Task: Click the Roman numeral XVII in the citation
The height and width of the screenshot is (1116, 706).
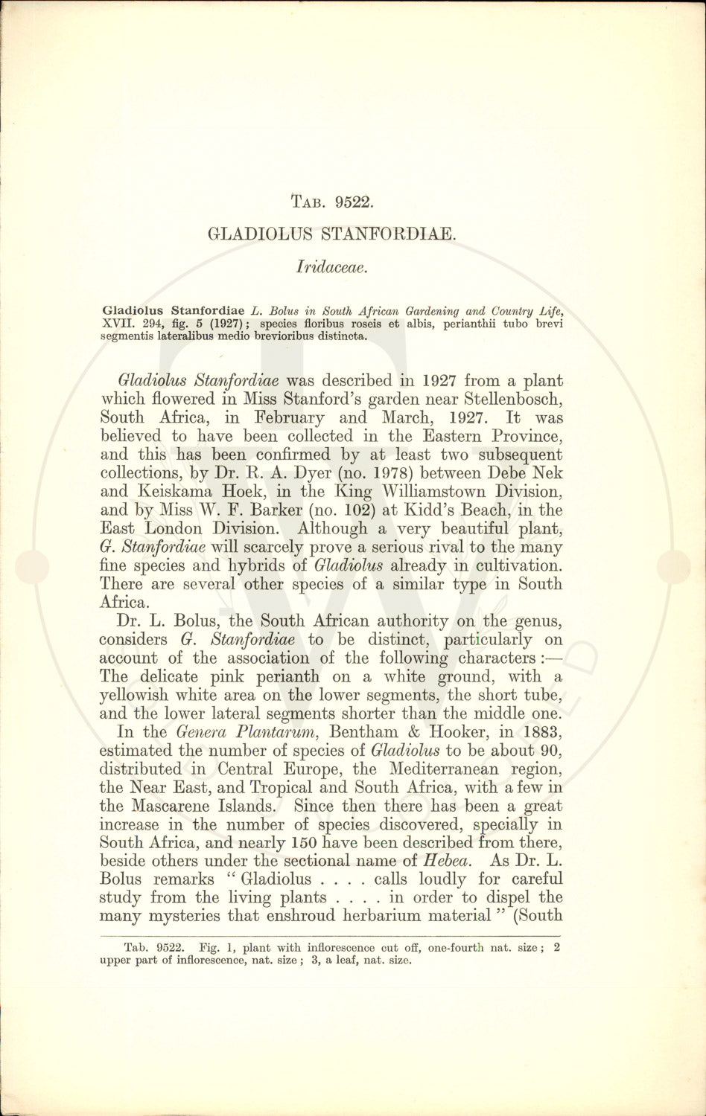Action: [117, 324]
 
